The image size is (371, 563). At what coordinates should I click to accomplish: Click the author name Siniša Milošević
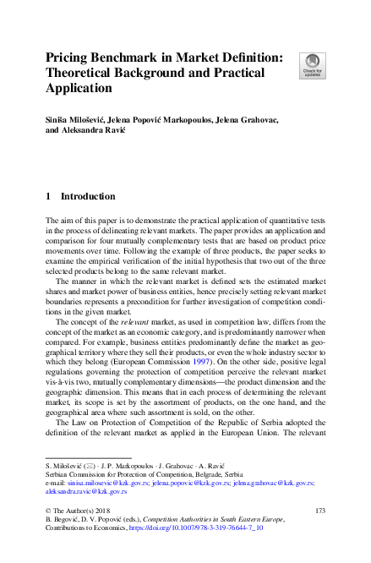click(80, 123)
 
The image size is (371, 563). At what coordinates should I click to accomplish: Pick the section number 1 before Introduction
click(49, 197)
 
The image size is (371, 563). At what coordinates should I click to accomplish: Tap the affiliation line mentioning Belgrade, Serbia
click(127, 473)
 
